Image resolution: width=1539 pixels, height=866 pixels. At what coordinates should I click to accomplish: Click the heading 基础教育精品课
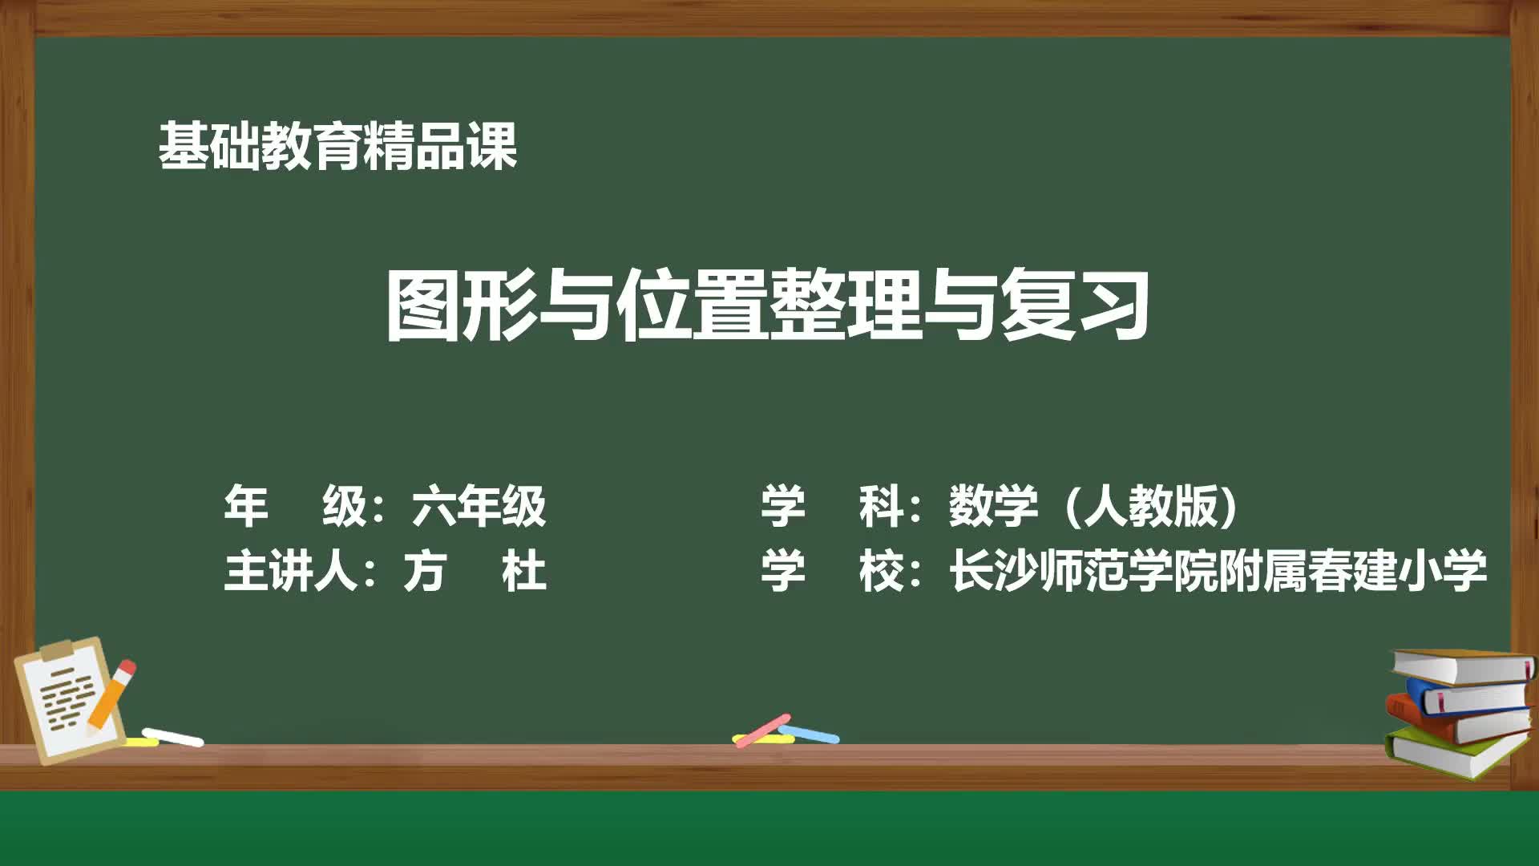[337, 147]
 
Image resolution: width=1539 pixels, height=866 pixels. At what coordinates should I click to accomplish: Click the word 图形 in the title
[461, 306]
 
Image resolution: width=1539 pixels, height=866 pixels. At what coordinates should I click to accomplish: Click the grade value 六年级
[479, 506]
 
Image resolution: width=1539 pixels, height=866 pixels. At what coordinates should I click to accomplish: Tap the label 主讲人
[290, 571]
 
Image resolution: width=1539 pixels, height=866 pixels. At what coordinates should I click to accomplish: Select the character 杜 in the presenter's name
[524, 571]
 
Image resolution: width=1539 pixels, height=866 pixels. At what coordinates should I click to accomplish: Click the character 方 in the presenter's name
[424, 571]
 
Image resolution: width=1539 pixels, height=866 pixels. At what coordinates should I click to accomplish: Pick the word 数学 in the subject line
[994, 506]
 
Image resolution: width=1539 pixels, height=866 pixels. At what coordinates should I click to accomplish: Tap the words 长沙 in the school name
[994, 571]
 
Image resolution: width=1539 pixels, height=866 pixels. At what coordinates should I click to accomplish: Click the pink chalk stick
[761, 730]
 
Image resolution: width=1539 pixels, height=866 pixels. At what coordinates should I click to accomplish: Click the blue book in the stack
[1471, 696]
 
